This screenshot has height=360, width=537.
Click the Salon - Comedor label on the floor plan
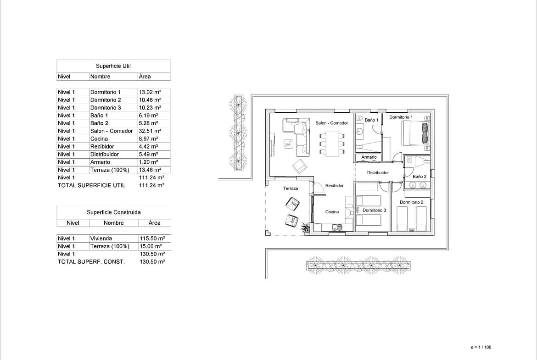pyautogui.click(x=331, y=123)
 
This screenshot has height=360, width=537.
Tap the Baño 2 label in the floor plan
pyautogui.click(x=419, y=177)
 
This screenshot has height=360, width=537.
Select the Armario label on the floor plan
pyautogui.click(x=369, y=157)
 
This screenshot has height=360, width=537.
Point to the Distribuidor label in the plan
pyautogui.click(x=378, y=173)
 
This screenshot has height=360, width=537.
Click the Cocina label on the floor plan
pyautogui.click(x=332, y=212)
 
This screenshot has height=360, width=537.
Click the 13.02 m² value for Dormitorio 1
pyautogui.click(x=150, y=92)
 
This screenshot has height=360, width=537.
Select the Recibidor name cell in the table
pyautogui.click(x=102, y=146)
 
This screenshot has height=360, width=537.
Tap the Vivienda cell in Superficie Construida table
pyautogui.click(x=101, y=238)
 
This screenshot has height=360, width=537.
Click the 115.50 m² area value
pyautogui.click(x=152, y=238)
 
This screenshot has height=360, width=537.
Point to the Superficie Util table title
pyautogui.click(x=113, y=66)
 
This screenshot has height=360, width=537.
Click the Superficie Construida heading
pyautogui.click(x=114, y=212)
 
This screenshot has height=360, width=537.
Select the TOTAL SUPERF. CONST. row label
pyautogui.click(x=91, y=262)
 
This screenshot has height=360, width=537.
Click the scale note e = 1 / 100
pyautogui.click(x=481, y=347)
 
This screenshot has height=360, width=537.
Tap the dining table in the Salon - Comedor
pyautogui.click(x=332, y=144)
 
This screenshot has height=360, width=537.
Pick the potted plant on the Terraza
pyautogui.click(x=305, y=227)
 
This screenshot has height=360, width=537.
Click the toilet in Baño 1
pyautogui.click(x=359, y=118)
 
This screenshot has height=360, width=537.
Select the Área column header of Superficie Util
pyautogui.click(x=145, y=77)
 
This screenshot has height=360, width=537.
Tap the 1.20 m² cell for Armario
pyautogui.click(x=148, y=162)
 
